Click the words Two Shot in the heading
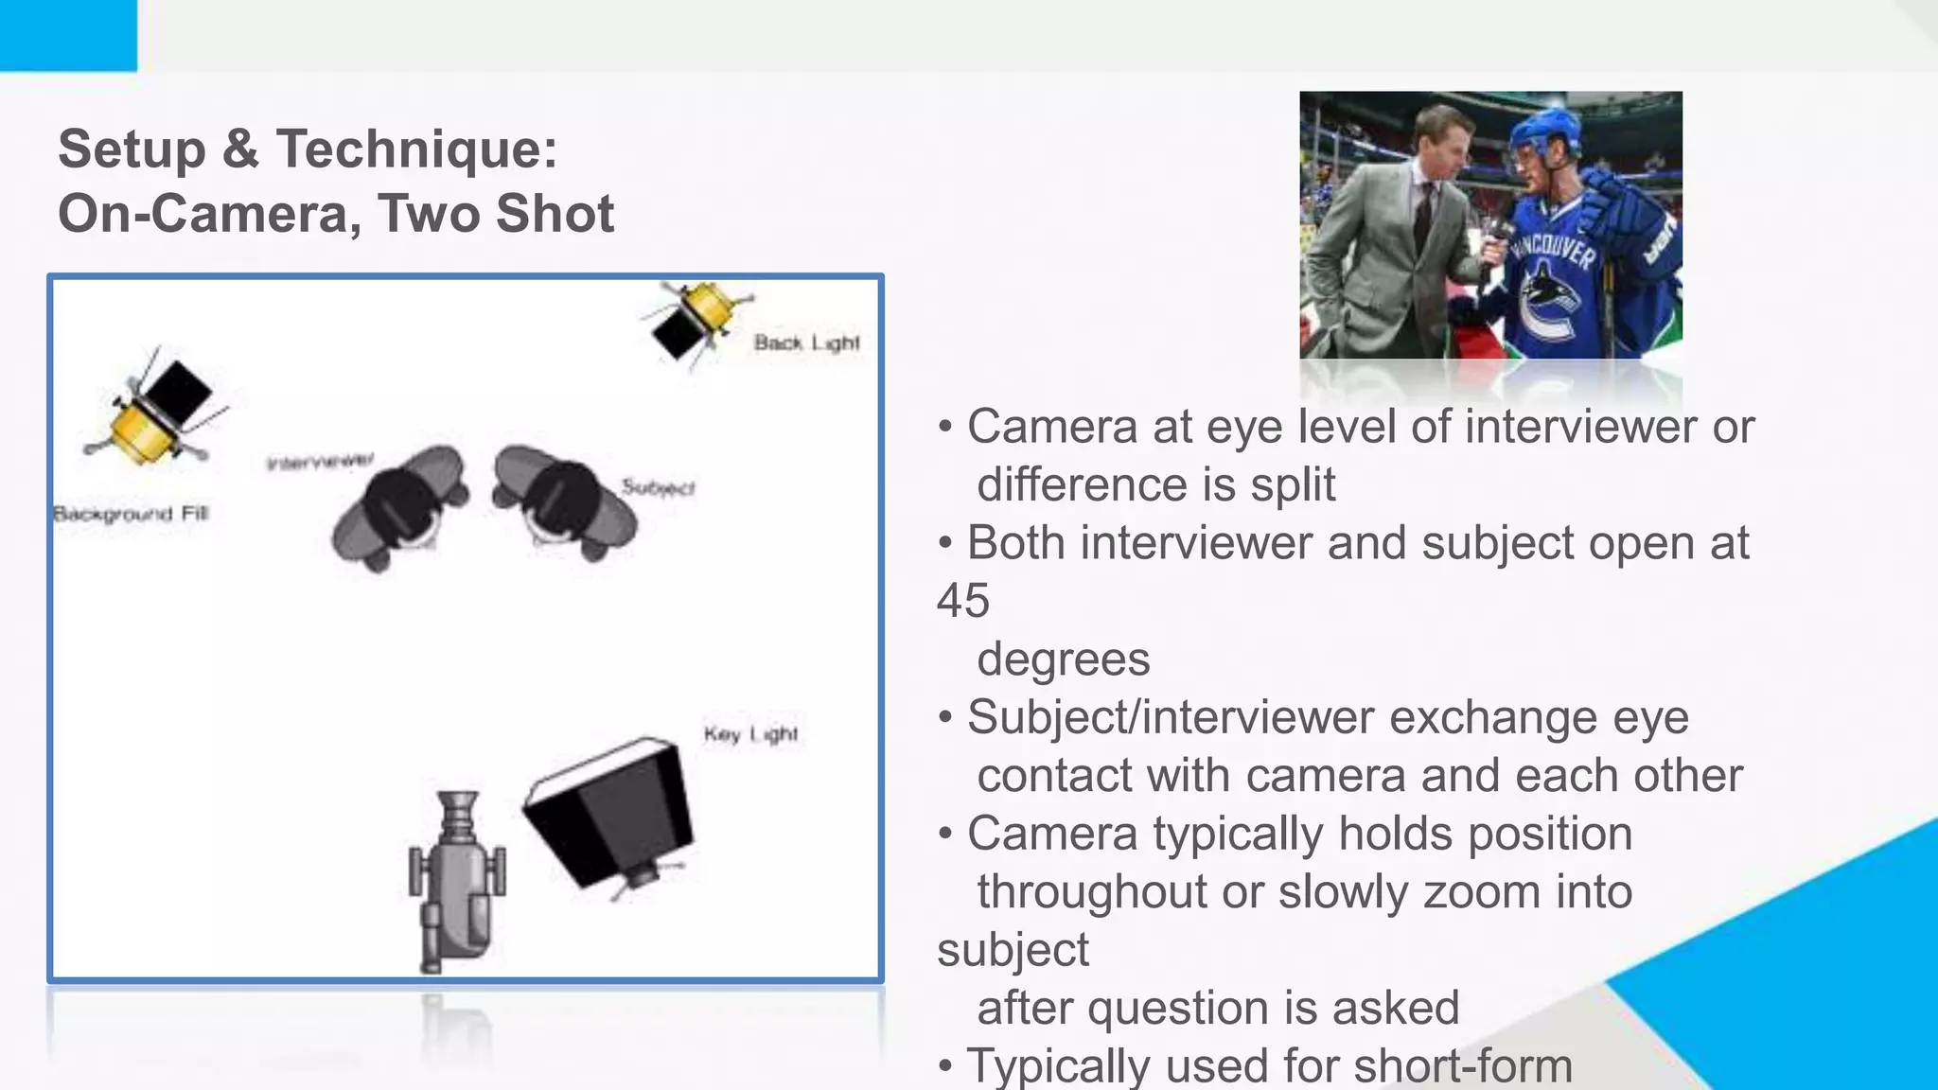(x=496, y=213)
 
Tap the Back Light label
(x=806, y=343)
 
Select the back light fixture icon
(x=696, y=319)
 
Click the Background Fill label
(x=131, y=514)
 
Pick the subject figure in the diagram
(x=564, y=502)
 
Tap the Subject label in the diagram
(x=659, y=487)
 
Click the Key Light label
(x=750, y=734)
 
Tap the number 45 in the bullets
(x=963, y=601)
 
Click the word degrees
(x=1063, y=659)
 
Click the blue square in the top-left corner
(x=67, y=35)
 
